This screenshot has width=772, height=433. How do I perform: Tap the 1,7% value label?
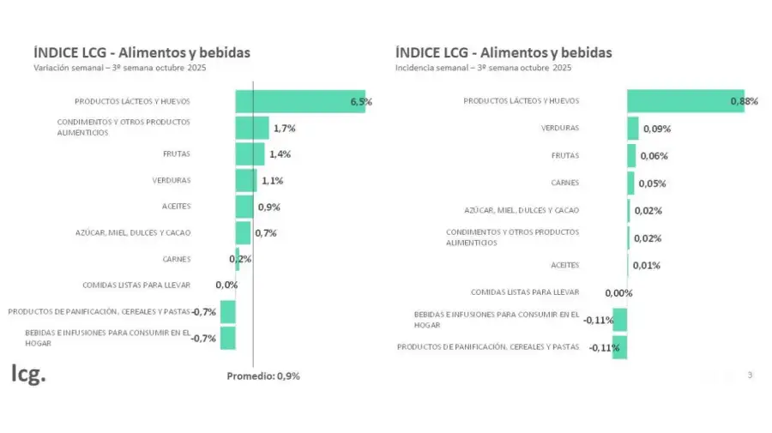[x=285, y=129]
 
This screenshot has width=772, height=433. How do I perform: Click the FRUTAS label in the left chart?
[x=176, y=154]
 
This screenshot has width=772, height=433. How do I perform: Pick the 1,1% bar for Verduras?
[x=245, y=181]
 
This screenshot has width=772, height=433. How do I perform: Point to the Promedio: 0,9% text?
[x=262, y=376]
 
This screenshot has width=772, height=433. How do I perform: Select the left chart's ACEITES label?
[x=176, y=207]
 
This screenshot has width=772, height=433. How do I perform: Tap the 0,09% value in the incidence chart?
[x=657, y=129]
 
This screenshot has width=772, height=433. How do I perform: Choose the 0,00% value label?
[x=618, y=293]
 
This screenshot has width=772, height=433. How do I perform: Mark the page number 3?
[x=750, y=375]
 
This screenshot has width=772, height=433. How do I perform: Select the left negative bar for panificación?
[x=227, y=311]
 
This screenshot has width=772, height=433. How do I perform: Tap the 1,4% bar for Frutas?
[x=250, y=154]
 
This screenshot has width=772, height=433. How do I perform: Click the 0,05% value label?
[x=651, y=183]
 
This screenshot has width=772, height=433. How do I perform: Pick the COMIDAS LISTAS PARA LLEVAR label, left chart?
[x=136, y=285]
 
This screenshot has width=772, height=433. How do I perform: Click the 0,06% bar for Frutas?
[x=631, y=156]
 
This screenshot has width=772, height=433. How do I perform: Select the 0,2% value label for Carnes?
[x=240, y=259]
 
